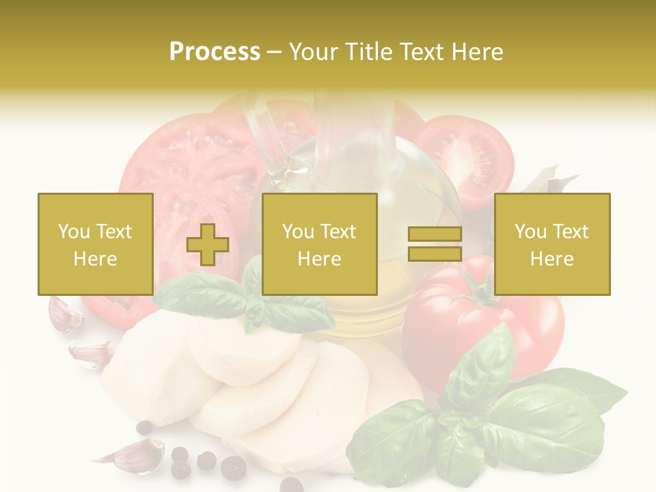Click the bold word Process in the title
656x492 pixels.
(215, 52)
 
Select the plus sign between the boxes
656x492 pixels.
(208, 245)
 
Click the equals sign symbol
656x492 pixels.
(435, 244)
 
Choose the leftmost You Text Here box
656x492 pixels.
(96, 244)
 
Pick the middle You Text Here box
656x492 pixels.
(319, 244)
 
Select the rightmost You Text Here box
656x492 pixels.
(551, 244)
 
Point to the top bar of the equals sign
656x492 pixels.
(435, 234)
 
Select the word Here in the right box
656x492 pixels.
(551, 258)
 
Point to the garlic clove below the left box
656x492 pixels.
(65, 314)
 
